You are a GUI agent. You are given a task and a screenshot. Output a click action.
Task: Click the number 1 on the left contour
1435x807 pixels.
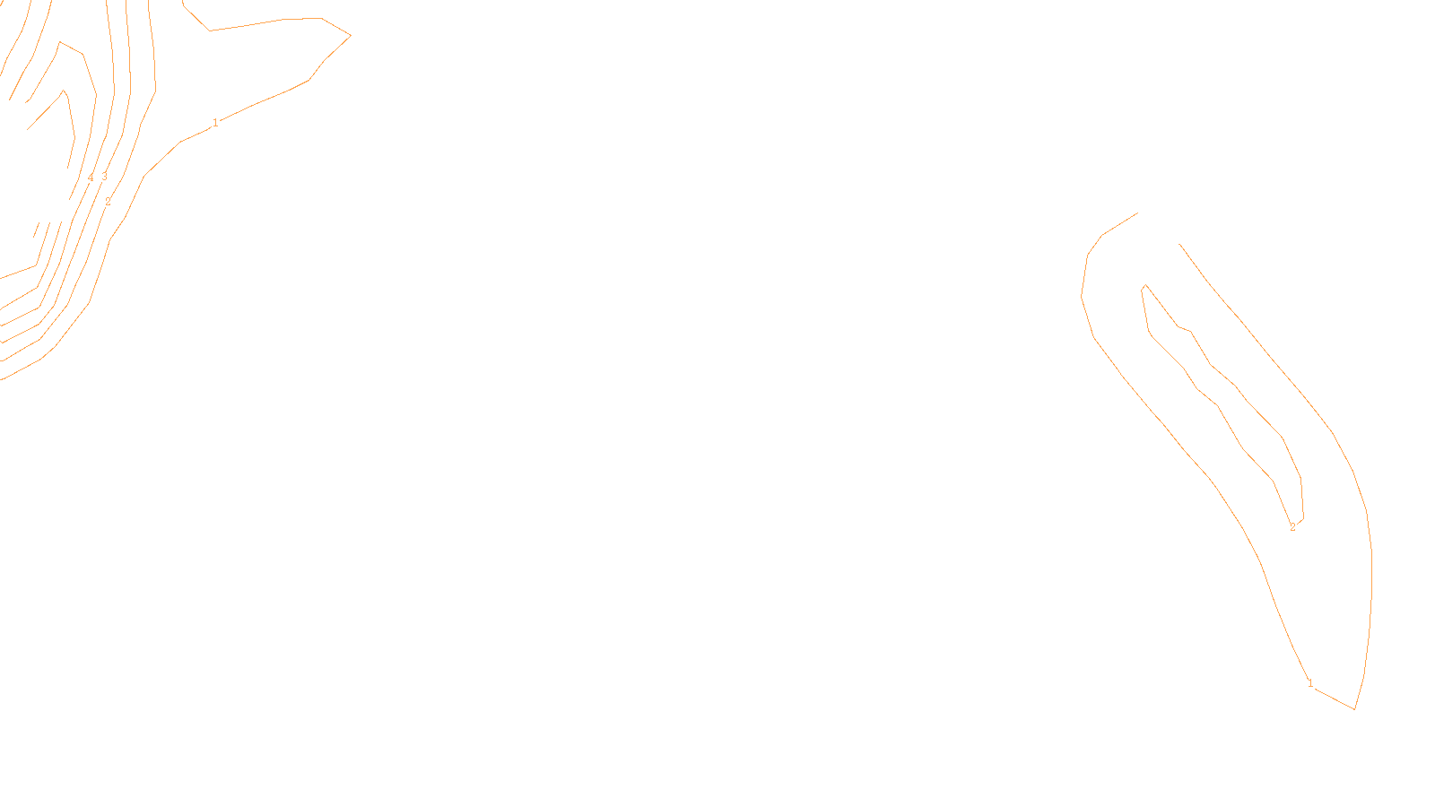[x=215, y=122]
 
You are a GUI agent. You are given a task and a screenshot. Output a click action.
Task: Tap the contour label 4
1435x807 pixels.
[x=91, y=178]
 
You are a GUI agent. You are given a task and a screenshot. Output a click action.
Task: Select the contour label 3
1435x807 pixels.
[x=104, y=176]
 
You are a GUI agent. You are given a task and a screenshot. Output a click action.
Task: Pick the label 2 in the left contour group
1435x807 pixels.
[x=108, y=201]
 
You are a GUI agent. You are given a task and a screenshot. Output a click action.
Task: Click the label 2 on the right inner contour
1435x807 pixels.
[x=1292, y=527]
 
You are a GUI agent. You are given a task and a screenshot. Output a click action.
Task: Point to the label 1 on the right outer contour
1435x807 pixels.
[x=1310, y=683]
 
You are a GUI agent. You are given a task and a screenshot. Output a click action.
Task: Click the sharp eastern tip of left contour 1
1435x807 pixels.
[x=351, y=35]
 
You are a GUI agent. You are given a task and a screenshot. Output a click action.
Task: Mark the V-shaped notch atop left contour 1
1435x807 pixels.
[x=210, y=30]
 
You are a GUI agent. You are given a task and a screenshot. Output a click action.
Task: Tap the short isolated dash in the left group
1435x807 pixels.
[x=37, y=230]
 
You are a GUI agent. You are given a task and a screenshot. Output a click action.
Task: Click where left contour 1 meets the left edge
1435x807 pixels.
[x=1, y=380]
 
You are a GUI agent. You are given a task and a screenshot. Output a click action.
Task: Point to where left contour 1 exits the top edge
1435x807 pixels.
[x=183, y=1]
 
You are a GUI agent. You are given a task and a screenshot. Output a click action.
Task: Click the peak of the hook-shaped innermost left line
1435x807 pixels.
[x=64, y=91]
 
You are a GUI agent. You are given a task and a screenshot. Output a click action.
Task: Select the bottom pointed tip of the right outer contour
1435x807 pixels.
[x=1354, y=709]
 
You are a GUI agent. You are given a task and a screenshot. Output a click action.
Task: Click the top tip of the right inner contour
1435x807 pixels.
[x=1145, y=285]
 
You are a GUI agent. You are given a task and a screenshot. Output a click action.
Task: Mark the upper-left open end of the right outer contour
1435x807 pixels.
[x=1138, y=213]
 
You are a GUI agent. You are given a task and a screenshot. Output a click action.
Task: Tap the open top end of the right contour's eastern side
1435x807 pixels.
[x=1178, y=244]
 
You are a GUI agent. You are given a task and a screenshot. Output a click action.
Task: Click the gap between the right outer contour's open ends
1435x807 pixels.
[x=1158, y=229]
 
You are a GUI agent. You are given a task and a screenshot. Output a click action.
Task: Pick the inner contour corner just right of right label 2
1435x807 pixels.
[x=1303, y=519]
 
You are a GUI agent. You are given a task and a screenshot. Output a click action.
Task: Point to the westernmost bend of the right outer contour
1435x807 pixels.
[x=1082, y=297]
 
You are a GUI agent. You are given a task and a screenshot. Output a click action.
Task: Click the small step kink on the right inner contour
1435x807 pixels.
[x=1184, y=328]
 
